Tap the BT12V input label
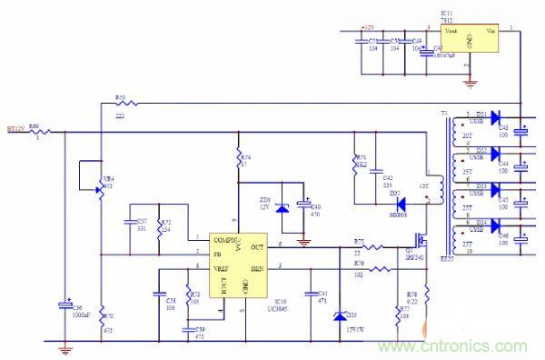click(x=17, y=129)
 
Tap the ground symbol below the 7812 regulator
click(x=469, y=84)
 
